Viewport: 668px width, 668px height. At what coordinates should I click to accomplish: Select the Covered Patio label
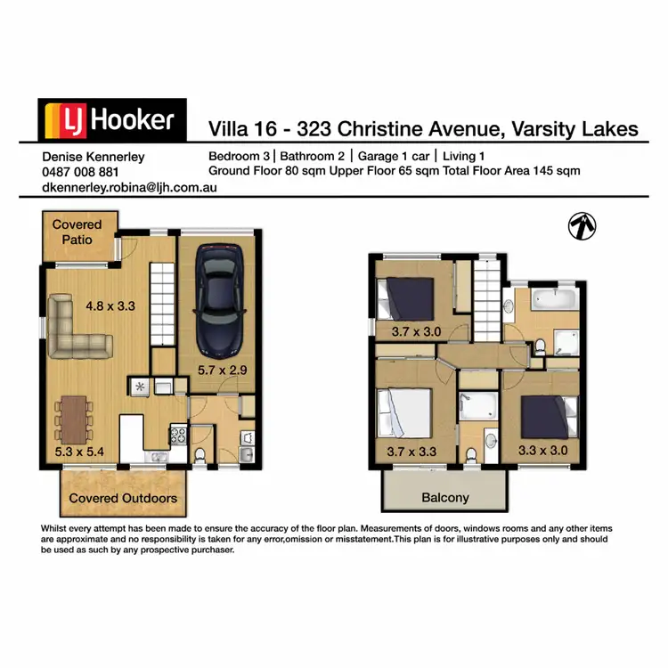[77, 232]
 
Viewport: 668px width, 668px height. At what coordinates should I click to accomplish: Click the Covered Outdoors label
[123, 498]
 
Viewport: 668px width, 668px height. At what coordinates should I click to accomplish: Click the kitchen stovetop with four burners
[175, 438]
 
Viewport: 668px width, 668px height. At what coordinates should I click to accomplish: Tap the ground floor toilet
[200, 454]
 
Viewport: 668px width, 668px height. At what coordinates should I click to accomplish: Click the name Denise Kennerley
[94, 156]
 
